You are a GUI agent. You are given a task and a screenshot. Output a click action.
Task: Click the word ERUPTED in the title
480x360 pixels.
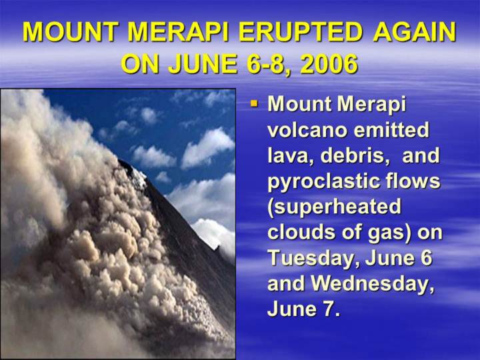pyautogui.click(x=300, y=32)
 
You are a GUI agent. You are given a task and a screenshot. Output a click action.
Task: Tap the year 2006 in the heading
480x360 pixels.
pyautogui.click(x=329, y=64)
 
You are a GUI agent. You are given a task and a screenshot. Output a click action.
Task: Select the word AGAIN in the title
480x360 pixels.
pyautogui.click(x=415, y=32)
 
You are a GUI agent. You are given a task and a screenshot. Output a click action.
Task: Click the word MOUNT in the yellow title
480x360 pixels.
pyautogui.click(x=71, y=32)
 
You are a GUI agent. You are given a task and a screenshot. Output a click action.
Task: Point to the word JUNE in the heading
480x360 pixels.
pyautogui.click(x=203, y=64)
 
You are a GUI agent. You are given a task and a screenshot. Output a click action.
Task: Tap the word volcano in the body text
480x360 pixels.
pyautogui.click(x=307, y=130)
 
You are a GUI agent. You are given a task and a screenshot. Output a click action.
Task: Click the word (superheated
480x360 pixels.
pyautogui.click(x=334, y=207)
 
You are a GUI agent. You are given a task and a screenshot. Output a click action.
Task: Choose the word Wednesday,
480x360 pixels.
pyautogui.click(x=373, y=284)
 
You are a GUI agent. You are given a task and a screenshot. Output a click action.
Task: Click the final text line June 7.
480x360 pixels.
pyautogui.click(x=304, y=309)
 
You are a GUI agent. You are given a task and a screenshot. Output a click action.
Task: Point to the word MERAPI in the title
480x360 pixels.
pyautogui.click(x=179, y=32)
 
